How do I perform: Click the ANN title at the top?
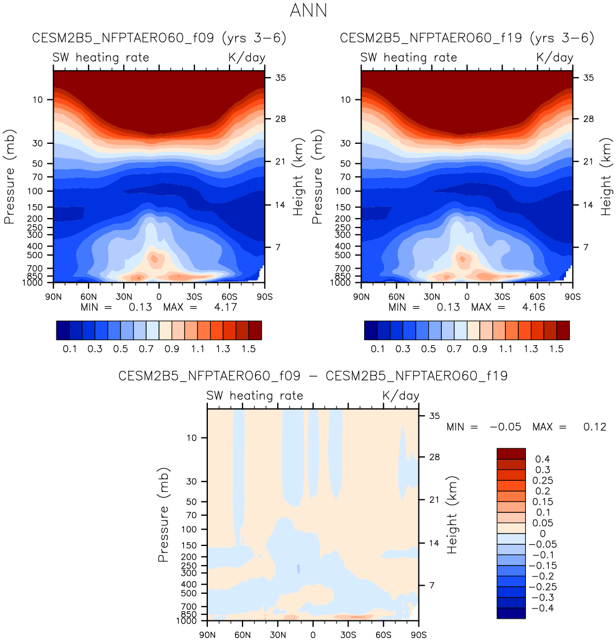pos(308,10)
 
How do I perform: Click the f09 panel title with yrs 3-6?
pos(159,38)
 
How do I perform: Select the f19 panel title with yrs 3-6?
pos(467,38)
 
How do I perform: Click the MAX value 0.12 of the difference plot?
pos(594,427)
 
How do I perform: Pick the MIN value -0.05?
pos(505,427)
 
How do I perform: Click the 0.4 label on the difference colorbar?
pos(542,459)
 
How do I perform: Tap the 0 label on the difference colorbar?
pos(542,534)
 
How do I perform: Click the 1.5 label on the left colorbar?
pos(249,348)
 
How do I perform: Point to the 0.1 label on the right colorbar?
pos(378,348)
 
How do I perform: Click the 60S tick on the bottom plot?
pos(383,634)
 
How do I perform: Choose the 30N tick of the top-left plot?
pos(124,296)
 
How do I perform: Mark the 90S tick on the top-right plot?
pos(573,296)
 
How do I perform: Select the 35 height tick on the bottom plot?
pos(434,416)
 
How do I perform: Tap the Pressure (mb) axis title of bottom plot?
pos(163,515)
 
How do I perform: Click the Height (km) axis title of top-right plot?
pos(606,176)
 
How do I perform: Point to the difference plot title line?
pos(313,376)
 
